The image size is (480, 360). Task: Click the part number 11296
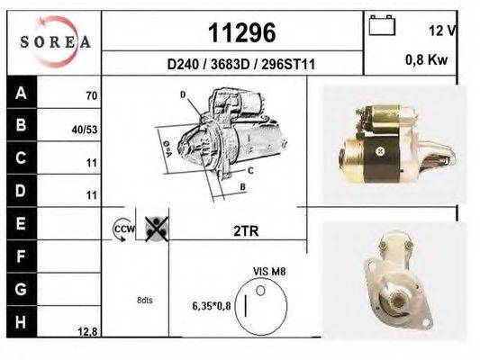click(x=242, y=32)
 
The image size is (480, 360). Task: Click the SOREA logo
click(x=56, y=41)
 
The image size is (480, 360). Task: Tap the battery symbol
click(x=382, y=25)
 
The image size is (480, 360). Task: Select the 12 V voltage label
click(x=442, y=31)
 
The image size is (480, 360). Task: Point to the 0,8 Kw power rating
click(x=427, y=59)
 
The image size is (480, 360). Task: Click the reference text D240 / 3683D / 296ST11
click(x=241, y=65)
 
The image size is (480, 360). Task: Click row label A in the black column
click(x=21, y=93)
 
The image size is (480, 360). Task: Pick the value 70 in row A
click(x=92, y=95)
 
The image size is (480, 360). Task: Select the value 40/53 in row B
click(x=85, y=130)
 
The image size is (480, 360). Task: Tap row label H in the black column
click(x=21, y=322)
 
